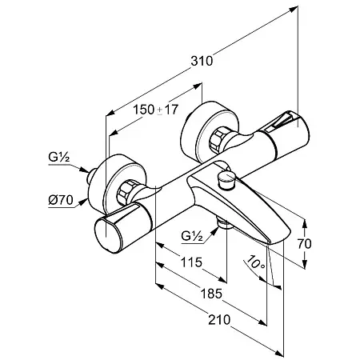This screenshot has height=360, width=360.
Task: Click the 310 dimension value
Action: pyautogui.click(x=202, y=61)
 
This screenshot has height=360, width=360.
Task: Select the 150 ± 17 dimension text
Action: pyautogui.click(x=155, y=110)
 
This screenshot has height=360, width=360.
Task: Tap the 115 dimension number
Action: pyautogui.click(x=191, y=262)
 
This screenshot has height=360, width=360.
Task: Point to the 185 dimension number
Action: pyautogui.click(x=211, y=294)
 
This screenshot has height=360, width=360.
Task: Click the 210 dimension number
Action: pyautogui.click(x=219, y=319)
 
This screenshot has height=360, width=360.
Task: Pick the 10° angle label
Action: pyautogui.click(x=255, y=262)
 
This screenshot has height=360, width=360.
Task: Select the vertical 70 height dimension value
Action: pyautogui.click(x=304, y=243)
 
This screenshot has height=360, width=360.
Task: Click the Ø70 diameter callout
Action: pyautogui.click(x=61, y=200)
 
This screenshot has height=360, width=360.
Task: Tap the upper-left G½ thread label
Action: pyautogui.click(x=59, y=157)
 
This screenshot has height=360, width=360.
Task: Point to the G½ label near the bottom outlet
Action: pyautogui.click(x=191, y=236)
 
